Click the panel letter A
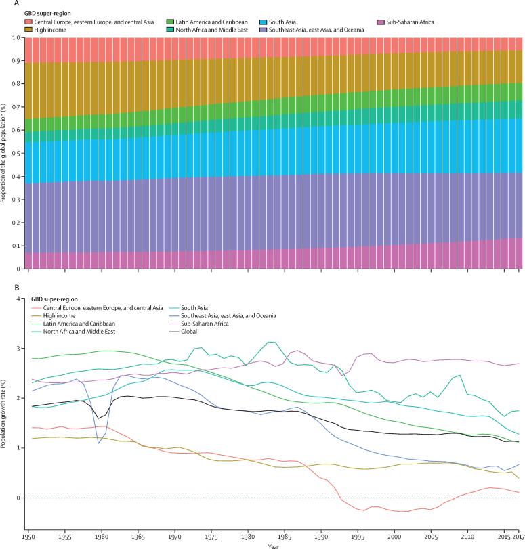(x=5, y=3)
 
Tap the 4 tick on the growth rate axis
(x=18, y=298)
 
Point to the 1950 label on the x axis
(x=28, y=535)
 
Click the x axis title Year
(x=271, y=545)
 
